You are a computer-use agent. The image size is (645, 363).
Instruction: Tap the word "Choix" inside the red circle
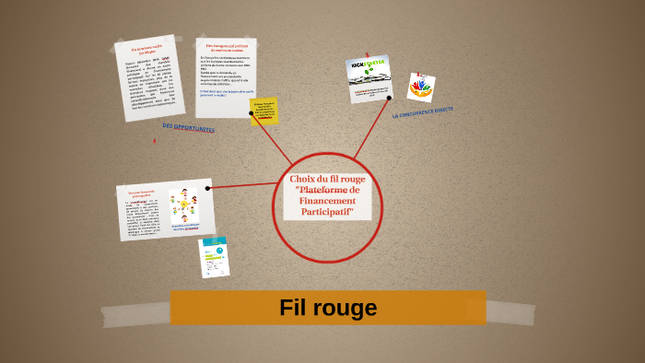303,179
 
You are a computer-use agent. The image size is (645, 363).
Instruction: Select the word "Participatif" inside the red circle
327,212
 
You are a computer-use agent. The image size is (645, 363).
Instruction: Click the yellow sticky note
264,111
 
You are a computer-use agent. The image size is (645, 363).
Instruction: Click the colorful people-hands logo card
421,88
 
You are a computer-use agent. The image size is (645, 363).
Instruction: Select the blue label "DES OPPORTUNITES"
188,128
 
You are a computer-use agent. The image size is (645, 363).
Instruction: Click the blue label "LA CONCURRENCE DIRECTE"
423,112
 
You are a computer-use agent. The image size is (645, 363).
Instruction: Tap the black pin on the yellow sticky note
252,113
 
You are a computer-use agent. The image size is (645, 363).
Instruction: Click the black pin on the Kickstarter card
389,98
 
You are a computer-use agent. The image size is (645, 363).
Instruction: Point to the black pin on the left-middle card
208,188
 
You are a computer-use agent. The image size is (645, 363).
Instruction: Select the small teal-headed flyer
214,257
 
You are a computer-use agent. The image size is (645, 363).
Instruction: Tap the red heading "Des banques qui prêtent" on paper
226,47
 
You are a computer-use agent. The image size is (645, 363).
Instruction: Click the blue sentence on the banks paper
224,93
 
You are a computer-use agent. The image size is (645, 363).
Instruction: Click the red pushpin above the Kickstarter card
367,54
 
